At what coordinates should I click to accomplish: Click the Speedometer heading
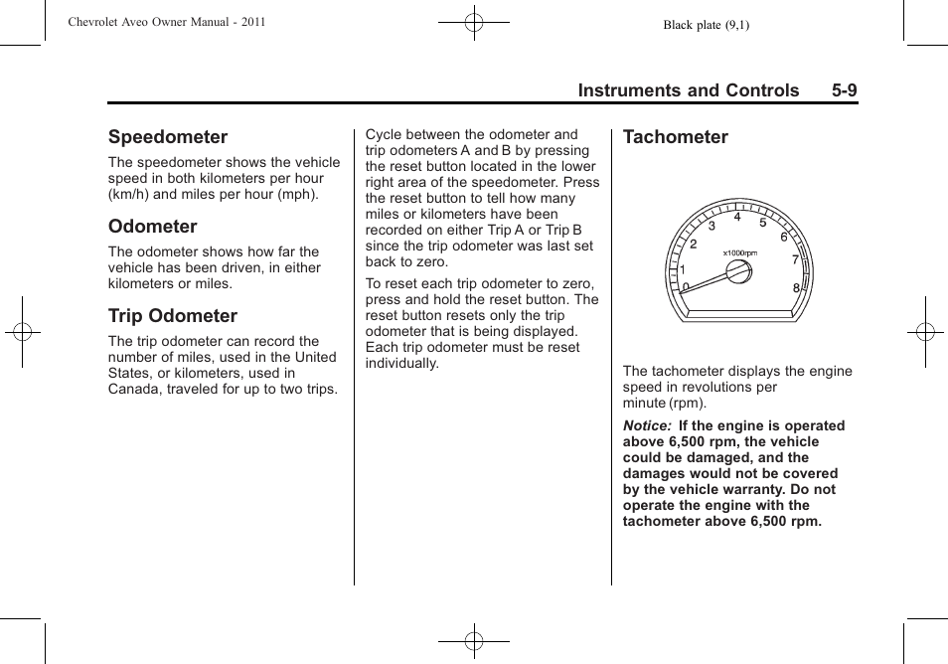[x=168, y=137]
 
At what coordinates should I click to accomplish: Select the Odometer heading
[x=153, y=227]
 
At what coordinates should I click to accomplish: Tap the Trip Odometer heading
[x=173, y=316]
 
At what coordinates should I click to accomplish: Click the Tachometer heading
[x=676, y=137]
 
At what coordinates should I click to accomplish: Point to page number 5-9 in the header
[x=845, y=90]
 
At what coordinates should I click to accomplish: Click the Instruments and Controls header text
[x=689, y=90]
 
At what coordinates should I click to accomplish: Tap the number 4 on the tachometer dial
[x=737, y=217]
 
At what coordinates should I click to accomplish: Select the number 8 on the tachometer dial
[x=796, y=288]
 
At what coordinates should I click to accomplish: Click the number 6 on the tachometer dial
[x=783, y=238]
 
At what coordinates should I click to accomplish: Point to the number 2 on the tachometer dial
[x=694, y=245]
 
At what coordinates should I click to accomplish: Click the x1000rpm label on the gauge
[x=740, y=252]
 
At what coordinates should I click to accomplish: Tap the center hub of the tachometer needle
[x=737, y=271]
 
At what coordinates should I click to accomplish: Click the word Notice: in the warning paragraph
[x=647, y=425]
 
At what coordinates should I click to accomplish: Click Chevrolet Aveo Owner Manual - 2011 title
[x=167, y=21]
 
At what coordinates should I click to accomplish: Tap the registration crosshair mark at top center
[x=474, y=21]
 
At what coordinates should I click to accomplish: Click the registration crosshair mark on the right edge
[x=924, y=332]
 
